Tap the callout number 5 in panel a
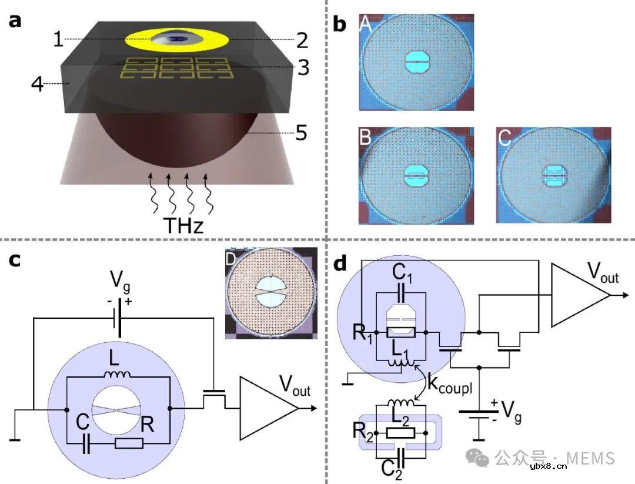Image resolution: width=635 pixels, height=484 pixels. point(301,133)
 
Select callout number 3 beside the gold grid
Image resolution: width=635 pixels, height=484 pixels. point(303,68)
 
